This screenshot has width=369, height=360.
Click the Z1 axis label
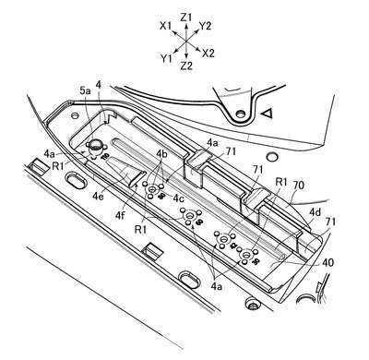(x=186, y=18)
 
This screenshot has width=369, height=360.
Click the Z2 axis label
(x=186, y=66)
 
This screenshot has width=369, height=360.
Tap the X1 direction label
(x=165, y=27)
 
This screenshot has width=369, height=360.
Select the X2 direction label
(x=208, y=54)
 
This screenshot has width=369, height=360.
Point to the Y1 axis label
(x=166, y=58)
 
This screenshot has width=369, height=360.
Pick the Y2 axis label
(x=205, y=27)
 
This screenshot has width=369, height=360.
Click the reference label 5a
(x=85, y=91)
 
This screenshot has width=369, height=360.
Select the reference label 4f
(x=121, y=215)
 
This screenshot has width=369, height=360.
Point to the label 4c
(x=179, y=198)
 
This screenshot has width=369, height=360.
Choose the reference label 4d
(x=315, y=212)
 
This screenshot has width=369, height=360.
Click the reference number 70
(x=298, y=186)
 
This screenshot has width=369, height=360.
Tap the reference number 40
(x=327, y=262)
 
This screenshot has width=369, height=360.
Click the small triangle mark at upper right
(x=267, y=114)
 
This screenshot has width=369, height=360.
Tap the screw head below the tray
(x=252, y=303)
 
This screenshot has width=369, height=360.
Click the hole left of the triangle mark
(x=240, y=114)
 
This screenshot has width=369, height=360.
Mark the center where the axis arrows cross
(x=186, y=41)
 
